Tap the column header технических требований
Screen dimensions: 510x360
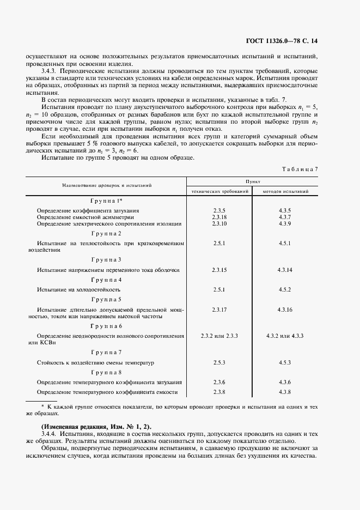click(219, 192)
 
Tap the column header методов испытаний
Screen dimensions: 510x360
click(285, 192)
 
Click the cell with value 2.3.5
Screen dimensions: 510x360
click(219, 210)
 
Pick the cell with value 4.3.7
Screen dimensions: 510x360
click(285, 217)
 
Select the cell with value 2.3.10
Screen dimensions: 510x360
click(219, 224)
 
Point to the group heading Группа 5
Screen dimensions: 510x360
click(107, 299)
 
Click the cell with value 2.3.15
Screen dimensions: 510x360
click(219, 270)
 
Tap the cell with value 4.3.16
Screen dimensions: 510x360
click(285, 309)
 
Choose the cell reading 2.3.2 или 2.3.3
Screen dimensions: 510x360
click(219, 336)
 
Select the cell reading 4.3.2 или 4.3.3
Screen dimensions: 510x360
click(285, 336)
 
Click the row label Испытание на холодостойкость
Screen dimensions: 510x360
click(78, 289)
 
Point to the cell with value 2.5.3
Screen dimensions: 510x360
click(219, 362)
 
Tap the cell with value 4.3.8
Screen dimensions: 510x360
click(285, 392)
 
